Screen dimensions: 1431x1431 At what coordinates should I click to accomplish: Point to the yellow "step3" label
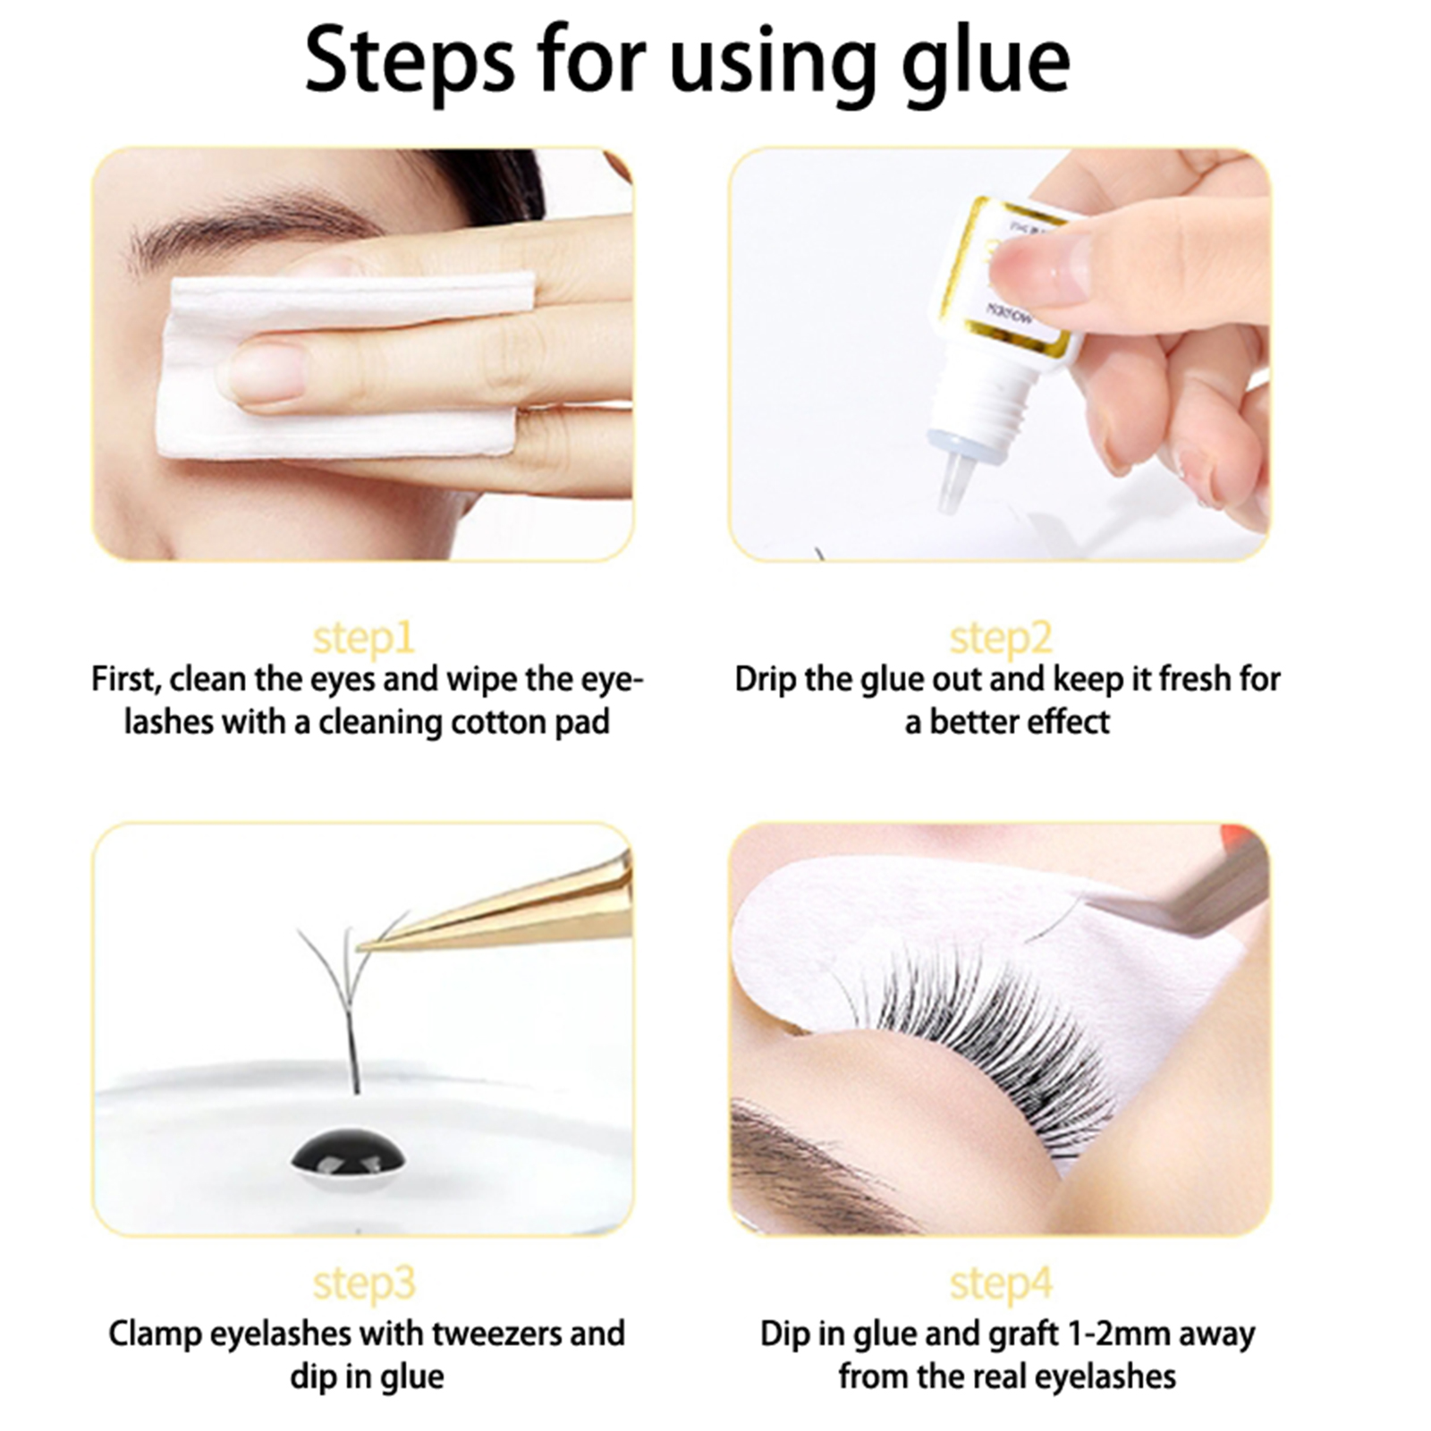coord(364,1284)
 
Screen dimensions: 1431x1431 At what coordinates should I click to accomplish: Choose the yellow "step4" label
coord(1001,1284)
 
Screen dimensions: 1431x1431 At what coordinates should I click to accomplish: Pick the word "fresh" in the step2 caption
coord(1193,679)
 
